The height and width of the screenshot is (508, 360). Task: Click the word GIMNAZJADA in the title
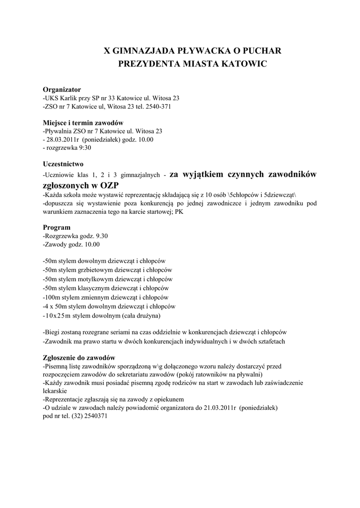(x=141, y=51)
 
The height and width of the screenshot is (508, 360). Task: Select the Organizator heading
(x=62, y=90)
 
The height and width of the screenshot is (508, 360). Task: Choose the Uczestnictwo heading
(x=63, y=164)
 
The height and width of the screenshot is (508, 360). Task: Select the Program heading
(x=57, y=228)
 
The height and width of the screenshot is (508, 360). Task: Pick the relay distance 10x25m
(x=58, y=316)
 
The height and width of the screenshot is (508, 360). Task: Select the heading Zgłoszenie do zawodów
(x=79, y=358)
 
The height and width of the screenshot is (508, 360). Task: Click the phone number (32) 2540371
(x=89, y=416)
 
